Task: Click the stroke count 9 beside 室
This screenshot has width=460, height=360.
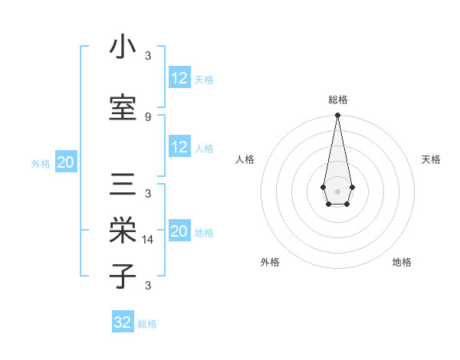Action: click(148, 116)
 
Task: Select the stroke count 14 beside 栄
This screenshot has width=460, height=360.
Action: click(148, 239)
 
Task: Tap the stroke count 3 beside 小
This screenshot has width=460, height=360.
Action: click(148, 55)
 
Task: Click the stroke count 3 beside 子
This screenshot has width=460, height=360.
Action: click(148, 285)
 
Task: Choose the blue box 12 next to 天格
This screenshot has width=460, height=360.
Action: click(179, 77)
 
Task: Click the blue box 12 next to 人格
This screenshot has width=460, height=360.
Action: click(179, 147)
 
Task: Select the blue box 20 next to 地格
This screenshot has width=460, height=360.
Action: click(179, 231)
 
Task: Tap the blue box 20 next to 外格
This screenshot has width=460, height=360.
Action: click(66, 162)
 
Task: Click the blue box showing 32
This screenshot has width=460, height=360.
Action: click(123, 322)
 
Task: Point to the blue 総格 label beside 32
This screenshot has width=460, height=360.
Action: click(147, 324)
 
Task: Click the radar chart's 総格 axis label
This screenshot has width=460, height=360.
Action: click(337, 100)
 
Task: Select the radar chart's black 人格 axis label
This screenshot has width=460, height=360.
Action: click(245, 159)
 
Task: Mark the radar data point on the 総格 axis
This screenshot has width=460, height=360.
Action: click(337, 116)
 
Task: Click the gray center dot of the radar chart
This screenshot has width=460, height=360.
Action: click(337, 190)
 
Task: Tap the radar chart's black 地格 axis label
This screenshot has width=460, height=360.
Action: click(402, 262)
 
